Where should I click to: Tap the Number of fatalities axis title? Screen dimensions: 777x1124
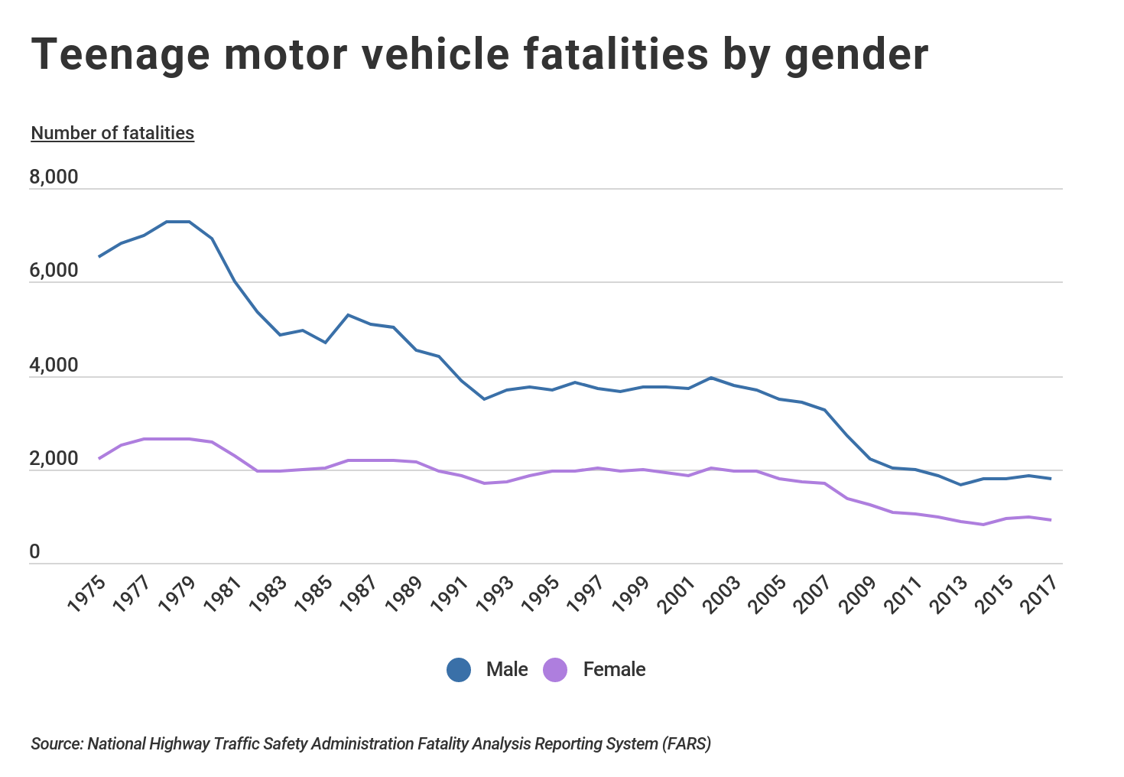(x=112, y=133)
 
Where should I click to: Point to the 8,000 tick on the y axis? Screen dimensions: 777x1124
(x=54, y=177)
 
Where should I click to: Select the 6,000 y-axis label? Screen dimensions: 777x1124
(x=54, y=271)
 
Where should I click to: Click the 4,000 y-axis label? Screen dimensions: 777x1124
(x=54, y=366)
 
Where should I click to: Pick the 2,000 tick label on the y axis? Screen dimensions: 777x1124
(x=54, y=460)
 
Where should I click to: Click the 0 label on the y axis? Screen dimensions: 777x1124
(x=34, y=552)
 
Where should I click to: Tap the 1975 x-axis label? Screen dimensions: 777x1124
(x=86, y=593)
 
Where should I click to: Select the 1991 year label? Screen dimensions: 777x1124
(x=450, y=593)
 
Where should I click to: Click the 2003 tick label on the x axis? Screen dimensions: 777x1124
(x=722, y=593)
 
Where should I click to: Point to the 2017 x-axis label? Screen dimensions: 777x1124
(x=1040, y=593)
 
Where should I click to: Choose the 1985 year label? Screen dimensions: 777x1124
(x=313, y=593)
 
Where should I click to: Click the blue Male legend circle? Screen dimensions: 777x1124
(x=459, y=670)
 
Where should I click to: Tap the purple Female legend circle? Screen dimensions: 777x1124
(x=555, y=670)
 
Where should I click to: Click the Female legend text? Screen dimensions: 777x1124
(x=614, y=670)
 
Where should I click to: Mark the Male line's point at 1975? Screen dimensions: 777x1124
(x=99, y=257)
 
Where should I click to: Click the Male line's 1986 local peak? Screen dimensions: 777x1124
(x=349, y=314)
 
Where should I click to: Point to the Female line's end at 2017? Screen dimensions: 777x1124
(x=1051, y=520)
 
